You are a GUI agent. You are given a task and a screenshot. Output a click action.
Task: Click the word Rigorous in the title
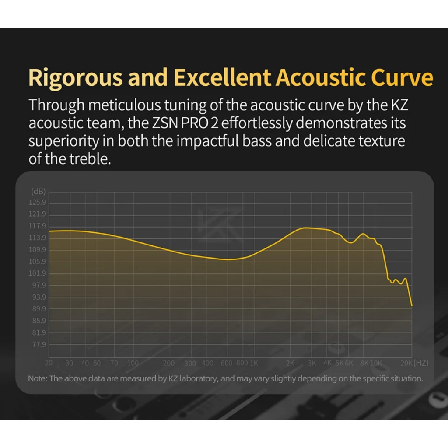click(76, 78)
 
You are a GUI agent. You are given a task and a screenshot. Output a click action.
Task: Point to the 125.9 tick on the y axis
click(37, 202)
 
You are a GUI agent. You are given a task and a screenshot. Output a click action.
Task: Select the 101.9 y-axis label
click(37, 273)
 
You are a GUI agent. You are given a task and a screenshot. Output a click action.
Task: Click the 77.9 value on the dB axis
click(39, 344)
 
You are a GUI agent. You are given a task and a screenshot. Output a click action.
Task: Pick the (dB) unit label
click(38, 192)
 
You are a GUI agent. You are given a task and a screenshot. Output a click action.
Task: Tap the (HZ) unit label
click(421, 363)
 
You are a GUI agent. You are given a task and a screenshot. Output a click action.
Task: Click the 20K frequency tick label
click(406, 363)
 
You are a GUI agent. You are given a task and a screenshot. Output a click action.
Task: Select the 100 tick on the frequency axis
click(133, 363)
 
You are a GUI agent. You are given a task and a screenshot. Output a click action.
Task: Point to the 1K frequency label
click(254, 363)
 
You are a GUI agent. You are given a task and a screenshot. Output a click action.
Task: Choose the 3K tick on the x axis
click(311, 363)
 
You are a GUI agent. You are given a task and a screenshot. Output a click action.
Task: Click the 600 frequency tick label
click(226, 363)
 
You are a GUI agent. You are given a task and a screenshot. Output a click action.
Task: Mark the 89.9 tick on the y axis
click(39, 309)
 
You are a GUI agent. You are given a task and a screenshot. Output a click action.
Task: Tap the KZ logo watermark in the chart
click(220, 225)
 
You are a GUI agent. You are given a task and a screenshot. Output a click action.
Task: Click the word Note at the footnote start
click(37, 378)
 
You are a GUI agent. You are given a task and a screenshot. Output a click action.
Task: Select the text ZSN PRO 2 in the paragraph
click(185, 123)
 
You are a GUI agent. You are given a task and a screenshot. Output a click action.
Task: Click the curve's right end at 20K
click(411, 306)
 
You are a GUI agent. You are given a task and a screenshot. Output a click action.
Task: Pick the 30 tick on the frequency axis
click(69, 363)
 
